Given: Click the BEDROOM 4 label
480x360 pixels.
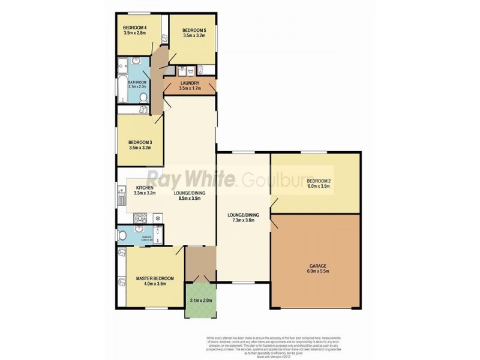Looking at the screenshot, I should pos(135,27).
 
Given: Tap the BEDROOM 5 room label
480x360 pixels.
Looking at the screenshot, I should pos(194,30).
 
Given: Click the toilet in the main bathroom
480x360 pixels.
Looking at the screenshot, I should pos(143,98).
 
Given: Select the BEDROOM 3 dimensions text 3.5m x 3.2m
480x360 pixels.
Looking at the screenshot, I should pos(139,148).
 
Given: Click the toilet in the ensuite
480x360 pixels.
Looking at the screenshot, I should pos(122,236).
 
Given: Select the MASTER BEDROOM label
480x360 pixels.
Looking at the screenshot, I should pos(155,278).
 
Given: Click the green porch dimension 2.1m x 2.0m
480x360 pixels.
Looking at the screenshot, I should pos(200,300).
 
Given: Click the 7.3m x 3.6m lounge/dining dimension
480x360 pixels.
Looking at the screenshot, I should pos(243,220).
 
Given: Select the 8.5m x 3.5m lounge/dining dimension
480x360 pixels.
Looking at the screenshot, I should pos(187,199).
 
